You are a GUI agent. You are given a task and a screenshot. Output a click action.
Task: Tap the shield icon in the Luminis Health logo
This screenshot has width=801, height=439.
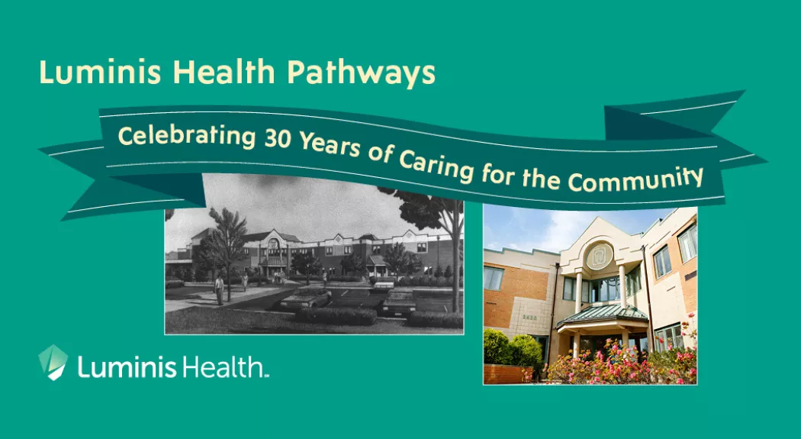[x=53, y=362]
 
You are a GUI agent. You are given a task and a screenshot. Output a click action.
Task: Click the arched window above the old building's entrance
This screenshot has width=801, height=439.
[x=272, y=243]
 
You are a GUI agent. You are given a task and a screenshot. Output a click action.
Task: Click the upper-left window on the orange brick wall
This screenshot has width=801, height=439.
[x=494, y=278]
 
